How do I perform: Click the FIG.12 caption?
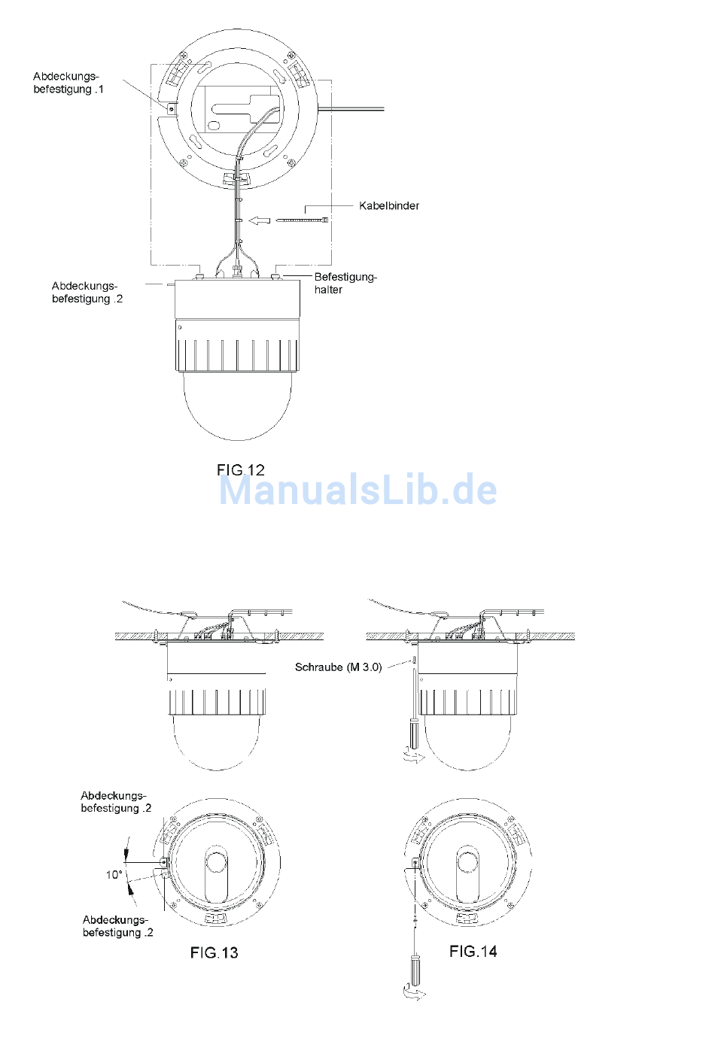(x=241, y=470)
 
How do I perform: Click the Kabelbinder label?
(x=389, y=206)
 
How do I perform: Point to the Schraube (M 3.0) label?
(x=338, y=667)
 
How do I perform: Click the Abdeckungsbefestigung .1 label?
(x=68, y=83)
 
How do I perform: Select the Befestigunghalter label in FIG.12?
(x=345, y=283)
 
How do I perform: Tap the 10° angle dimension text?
(x=114, y=875)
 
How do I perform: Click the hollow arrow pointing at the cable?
(x=260, y=220)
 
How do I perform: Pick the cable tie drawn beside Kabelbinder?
(x=302, y=220)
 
